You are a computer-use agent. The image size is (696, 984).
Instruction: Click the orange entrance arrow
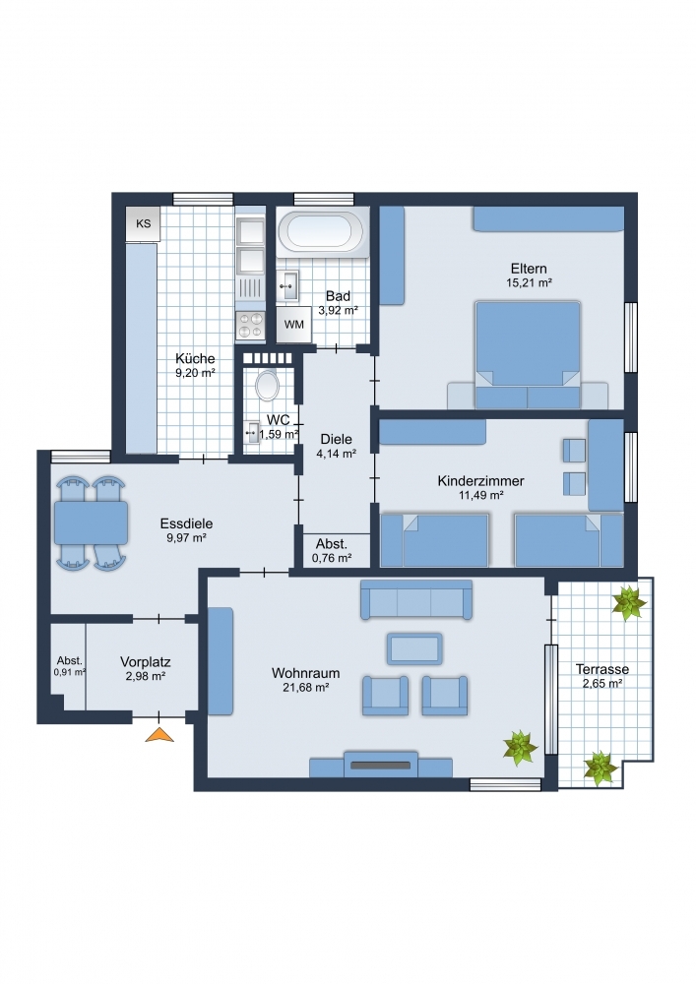point(159,734)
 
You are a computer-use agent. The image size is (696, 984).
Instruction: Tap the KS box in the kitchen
point(143,224)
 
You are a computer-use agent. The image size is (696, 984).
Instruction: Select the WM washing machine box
point(293,325)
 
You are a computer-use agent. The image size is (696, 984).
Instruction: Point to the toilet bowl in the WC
point(268,386)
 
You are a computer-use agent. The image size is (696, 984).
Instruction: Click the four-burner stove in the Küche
point(250,325)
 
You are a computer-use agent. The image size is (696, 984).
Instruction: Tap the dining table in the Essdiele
point(91,523)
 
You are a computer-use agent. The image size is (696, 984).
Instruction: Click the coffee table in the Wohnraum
point(414,648)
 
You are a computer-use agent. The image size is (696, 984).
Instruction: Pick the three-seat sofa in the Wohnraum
point(416,599)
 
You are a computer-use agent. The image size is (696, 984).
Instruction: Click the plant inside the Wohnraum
point(520,748)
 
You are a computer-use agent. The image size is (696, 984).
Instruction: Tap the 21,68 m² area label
point(306,688)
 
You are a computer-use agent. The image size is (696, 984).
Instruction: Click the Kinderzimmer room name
point(480,481)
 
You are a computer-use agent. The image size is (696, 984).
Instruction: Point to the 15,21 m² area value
point(529,283)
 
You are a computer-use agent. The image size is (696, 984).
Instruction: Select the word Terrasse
point(602,669)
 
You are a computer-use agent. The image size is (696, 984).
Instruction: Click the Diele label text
point(337,439)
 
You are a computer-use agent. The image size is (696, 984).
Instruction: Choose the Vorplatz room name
point(146,662)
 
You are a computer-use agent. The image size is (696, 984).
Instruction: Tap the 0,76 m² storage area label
point(332,558)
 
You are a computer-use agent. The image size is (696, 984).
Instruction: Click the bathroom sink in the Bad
point(288,286)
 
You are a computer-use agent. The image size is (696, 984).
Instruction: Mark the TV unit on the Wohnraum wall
point(381,765)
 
